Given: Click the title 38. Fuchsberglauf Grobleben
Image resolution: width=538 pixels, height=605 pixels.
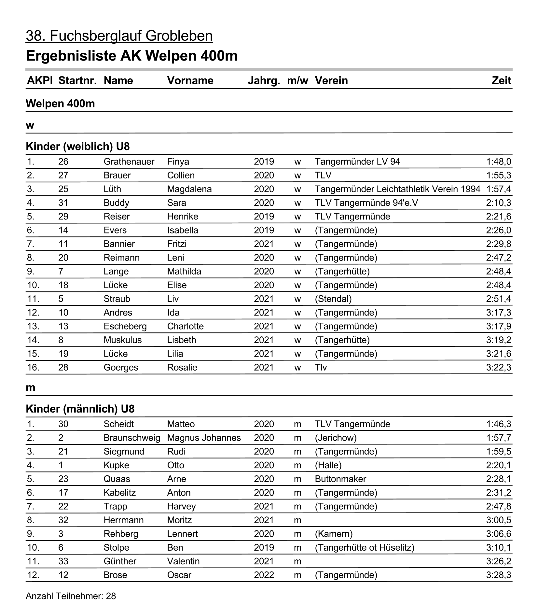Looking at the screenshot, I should tap(119, 36).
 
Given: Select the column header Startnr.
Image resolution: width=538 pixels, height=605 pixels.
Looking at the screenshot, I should tap(77, 81).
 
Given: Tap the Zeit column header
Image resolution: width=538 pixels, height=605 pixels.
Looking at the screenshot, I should tap(501, 81).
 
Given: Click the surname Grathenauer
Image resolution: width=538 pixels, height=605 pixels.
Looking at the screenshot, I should tap(129, 162).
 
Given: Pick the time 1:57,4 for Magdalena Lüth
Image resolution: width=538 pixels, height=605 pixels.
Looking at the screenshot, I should tap(499, 189).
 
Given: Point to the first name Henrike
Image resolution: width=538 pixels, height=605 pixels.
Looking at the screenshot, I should tap(183, 217).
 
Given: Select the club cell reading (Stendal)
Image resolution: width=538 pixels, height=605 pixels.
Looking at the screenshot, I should tap(333, 299).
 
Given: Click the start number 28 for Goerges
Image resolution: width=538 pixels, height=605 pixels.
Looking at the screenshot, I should tap(63, 368).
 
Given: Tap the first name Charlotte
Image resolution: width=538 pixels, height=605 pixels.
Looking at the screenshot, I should tap(185, 326).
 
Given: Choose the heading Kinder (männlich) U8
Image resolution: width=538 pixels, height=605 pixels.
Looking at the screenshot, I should tap(80, 409).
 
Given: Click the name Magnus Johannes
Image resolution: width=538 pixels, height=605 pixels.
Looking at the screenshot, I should tap(204, 438).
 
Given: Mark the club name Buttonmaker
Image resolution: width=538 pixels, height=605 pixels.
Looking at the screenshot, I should tap(340, 479).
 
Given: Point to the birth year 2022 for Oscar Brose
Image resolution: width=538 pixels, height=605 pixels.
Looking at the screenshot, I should tap(264, 575).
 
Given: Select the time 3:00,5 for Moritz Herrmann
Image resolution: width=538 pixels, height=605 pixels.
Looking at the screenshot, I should tap(499, 520).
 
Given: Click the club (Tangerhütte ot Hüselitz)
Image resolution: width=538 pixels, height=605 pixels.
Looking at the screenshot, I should tap(365, 548).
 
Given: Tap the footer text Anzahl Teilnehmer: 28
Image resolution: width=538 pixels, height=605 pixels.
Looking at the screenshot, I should tap(71, 596).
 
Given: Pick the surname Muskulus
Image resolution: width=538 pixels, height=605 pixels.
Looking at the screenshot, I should tap(123, 340).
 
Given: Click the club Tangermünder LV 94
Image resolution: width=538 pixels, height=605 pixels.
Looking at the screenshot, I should tap(357, 162).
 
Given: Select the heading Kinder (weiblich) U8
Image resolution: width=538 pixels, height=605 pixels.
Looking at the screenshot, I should tap(77, 147).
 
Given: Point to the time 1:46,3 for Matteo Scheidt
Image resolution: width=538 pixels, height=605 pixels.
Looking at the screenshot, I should tap(499, 424).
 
